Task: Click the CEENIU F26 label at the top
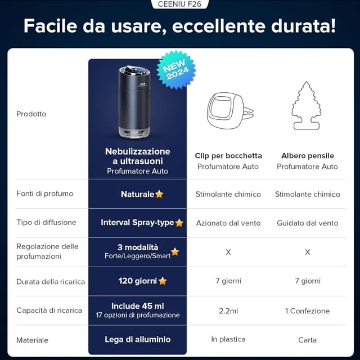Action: click(x=180, y=4)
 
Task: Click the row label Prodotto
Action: click(x=31, y=114)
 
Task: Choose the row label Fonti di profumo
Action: click(x=44, y=193)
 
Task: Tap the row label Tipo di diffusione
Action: click(x=46, y=223)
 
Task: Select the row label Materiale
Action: click(x=33, y=340)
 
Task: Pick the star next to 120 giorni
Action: click(x=163, y=281)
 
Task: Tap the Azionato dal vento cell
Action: click(x=228, y=223)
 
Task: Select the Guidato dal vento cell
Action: click(x=307, y=223)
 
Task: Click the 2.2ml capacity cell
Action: click(x=228, y=310)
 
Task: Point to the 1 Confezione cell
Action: click(x=307, y=310)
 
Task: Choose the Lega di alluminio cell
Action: click(x=138, y=340)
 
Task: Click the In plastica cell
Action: click(x=228, y=340)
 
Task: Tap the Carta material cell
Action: click(x=307, y=340)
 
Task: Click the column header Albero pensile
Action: click(x=307, y=155)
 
